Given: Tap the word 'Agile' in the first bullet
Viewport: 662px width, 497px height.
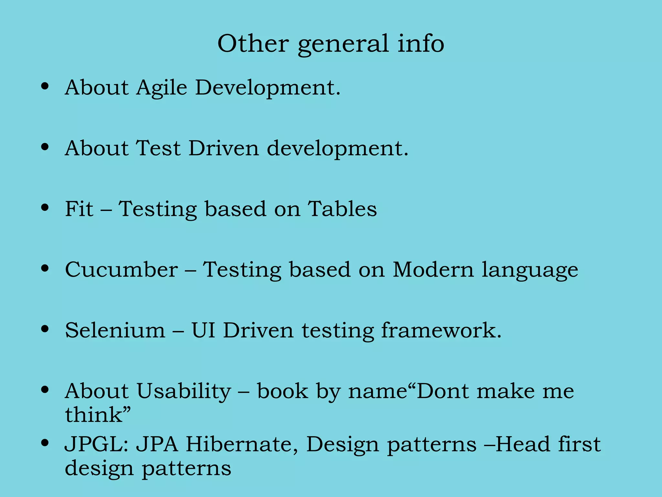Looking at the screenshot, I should (x=162, y=88).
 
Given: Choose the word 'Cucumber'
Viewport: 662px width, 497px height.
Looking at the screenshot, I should (x=121, y=270).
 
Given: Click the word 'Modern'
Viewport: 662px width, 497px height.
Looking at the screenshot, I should (x=433, y=270).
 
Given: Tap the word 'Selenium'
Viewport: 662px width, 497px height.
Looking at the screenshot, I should (x=115, y=330).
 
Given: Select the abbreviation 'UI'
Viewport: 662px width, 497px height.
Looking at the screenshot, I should (x=203, y=330).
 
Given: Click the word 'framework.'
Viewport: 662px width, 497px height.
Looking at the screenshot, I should (x=441, y=330).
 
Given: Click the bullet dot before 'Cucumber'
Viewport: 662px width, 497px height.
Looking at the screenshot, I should (x=45, y=268).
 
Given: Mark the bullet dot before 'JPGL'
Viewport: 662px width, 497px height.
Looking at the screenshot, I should (x=45, y=443).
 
